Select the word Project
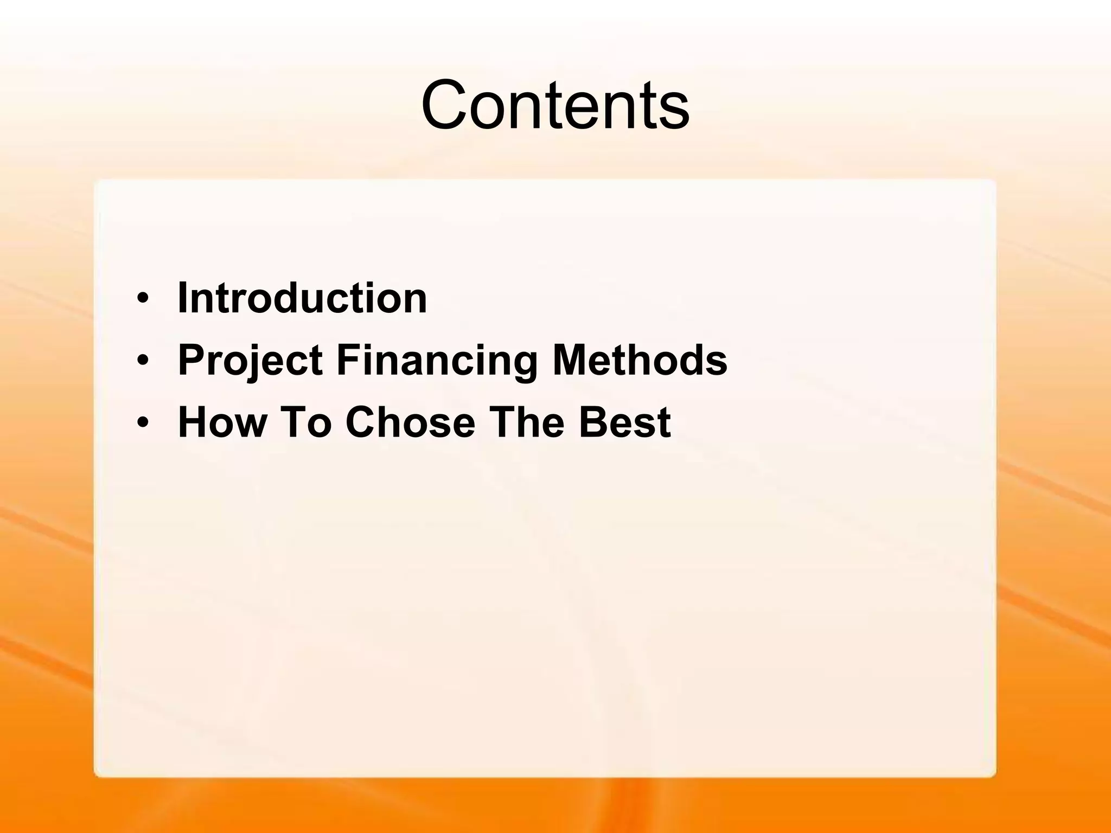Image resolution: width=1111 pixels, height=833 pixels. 250,360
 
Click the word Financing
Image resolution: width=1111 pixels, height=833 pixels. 437,360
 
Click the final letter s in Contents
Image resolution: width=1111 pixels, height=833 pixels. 675,111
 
